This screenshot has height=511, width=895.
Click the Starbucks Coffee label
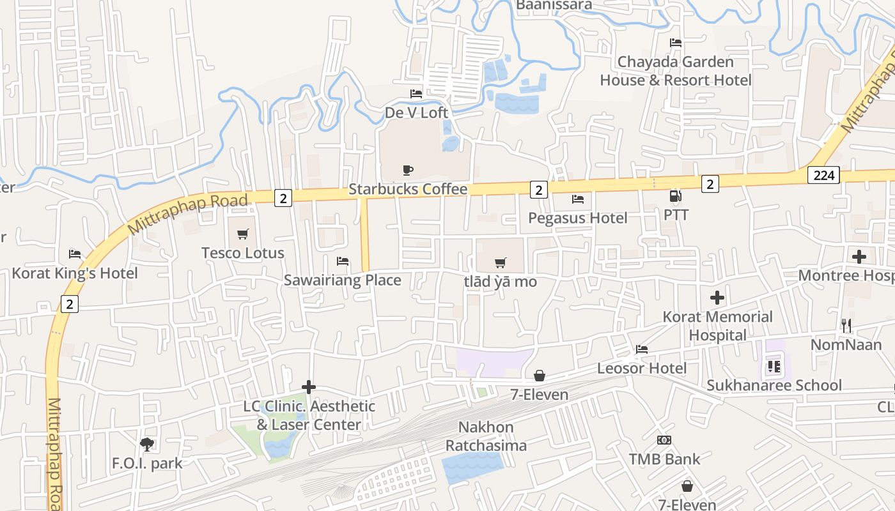point(408,190)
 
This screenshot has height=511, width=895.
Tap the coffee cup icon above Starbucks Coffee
point(408,170)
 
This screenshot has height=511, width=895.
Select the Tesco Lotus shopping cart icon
point(242,234)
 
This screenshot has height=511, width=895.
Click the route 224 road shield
point(823,175)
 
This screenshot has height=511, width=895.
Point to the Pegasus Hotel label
point(578,218)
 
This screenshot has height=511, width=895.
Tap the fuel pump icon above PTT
point(675,196)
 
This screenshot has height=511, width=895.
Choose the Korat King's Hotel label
point(75,273)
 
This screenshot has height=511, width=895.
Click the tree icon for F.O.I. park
point(147,444)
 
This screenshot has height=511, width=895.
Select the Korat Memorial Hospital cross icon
point(717,298)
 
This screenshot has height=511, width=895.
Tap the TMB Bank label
point(665,459)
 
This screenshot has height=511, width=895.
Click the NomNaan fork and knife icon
point(846,326)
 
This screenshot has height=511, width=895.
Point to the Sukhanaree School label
point(774,385)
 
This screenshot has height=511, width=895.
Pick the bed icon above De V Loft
point(416,94)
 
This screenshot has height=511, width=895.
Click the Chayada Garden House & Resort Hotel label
point(676,71)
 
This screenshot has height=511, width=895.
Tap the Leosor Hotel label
point(642,368)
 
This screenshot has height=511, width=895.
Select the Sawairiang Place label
point(343,280)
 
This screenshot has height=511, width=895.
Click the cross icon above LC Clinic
point(309,387)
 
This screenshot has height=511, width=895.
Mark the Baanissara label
point(554,5)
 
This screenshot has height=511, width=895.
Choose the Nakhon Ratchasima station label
point(486,436)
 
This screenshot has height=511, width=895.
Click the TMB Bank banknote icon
point(664,440)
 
